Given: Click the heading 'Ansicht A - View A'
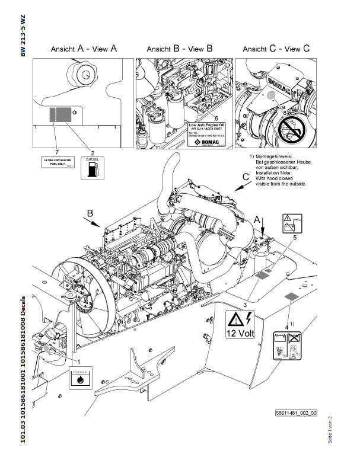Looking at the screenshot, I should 84,49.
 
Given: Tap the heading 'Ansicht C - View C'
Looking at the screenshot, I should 276,49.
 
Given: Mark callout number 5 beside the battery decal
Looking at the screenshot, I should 294,237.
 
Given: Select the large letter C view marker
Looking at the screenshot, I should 245,176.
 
